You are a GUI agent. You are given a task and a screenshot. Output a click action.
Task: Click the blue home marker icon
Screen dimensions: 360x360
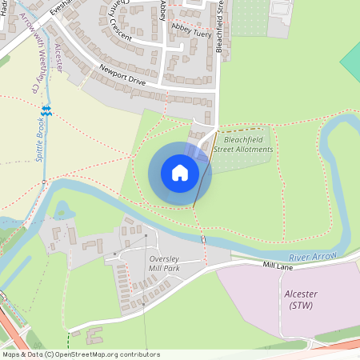(180, 172)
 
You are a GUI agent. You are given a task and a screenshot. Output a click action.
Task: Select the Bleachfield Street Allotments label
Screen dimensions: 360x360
(249, 144)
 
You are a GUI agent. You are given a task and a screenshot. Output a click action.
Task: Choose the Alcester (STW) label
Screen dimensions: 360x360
(301, 299)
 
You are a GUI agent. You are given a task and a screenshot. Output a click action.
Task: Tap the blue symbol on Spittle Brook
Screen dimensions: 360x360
(46, 110)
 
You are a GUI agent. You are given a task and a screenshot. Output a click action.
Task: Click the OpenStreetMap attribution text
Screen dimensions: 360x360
(81, 354)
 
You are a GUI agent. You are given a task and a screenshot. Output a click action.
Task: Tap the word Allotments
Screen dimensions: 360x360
(249, 150)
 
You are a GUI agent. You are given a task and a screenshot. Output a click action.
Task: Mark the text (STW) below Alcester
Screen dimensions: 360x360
(301, 305)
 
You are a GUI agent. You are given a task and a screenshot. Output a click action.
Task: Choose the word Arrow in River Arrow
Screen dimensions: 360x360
(324, 254)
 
